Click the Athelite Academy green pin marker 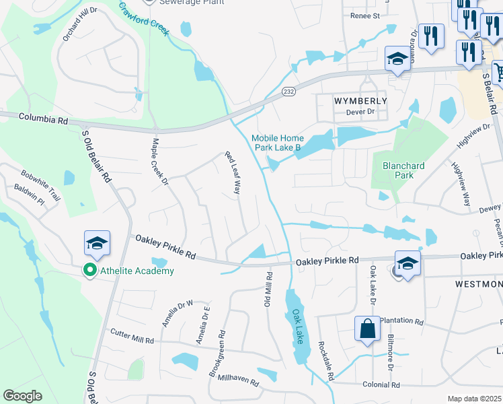89,271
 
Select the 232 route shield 286,92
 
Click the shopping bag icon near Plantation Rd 367,330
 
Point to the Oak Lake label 297,327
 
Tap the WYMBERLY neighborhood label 360,100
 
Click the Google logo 22,396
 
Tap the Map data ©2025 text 475,399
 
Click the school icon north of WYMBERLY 397,59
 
